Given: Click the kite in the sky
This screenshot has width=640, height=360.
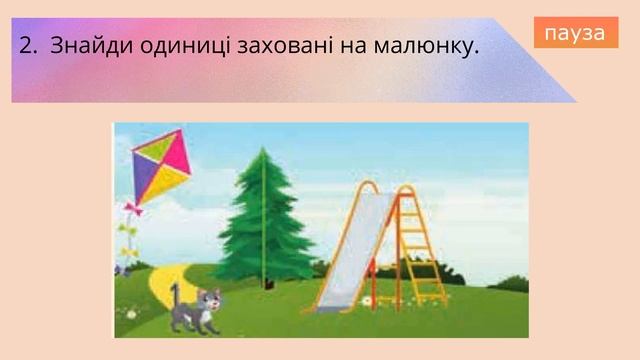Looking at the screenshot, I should [x=161, y=165].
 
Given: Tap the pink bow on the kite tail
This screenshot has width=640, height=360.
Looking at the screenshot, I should [x=132, y=208].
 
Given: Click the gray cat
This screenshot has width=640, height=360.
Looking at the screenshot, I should [x=195, y=309].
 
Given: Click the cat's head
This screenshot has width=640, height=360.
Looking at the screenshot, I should [x=209, y=299].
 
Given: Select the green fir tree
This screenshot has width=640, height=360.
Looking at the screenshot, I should [x=264, y=220].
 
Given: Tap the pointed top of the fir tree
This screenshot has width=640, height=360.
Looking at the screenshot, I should [x=264, y=152].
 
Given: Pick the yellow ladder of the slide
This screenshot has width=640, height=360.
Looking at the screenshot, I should [x=424, y=245].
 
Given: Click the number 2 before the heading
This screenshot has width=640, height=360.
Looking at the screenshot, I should [x=25, y=46].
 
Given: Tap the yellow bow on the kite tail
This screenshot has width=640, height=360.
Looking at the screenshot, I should [x=127, y=230].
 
